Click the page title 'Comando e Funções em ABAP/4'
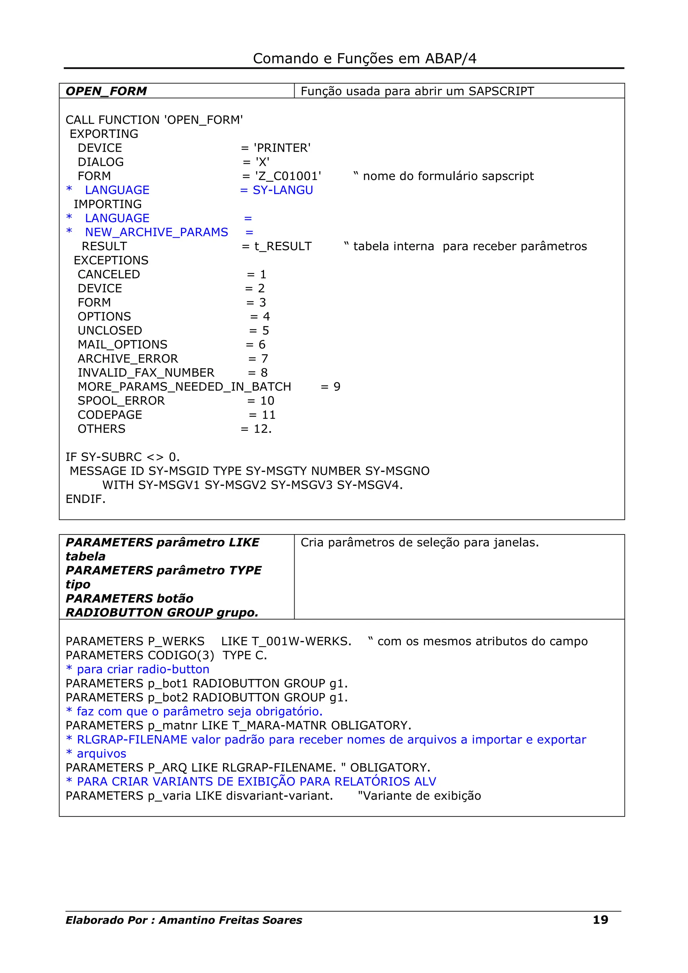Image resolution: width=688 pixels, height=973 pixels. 364,58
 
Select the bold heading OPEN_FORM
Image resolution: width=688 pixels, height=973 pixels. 106,91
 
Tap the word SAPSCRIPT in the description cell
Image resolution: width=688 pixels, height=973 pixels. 501,91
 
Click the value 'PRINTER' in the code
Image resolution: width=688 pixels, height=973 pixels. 282,148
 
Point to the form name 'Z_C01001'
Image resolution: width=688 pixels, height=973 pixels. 288,176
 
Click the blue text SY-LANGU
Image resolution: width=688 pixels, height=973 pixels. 283,190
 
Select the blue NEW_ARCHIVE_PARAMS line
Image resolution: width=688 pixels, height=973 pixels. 157,232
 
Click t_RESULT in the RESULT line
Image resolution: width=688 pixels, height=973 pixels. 283,246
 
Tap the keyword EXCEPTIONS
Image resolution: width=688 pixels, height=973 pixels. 111,260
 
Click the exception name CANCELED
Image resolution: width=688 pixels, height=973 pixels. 109,274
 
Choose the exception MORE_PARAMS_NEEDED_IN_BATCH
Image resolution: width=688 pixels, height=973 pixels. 184,386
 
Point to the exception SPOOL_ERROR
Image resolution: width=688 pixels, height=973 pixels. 121,401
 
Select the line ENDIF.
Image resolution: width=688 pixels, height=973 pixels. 85,499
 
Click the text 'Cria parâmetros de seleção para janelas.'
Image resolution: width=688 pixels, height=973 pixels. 419,543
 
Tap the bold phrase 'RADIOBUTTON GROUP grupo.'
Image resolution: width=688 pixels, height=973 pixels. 162,612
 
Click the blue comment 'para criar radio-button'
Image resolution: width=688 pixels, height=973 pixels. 143,669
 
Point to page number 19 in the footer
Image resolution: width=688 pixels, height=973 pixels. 600,920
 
